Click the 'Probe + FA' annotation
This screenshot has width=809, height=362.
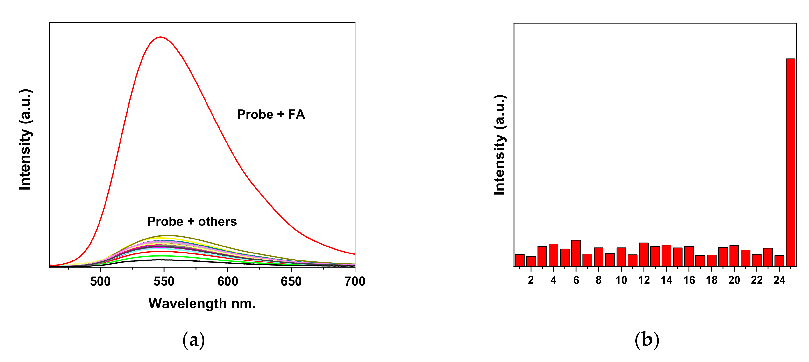pos(271,115)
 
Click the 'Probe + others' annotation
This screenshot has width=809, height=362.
pos(192,221)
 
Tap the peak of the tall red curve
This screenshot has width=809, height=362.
pos(161,37)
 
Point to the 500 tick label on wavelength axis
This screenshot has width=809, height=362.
pos(100,281)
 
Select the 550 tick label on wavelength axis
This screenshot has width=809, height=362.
pos(164,281)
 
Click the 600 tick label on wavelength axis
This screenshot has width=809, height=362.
pos(227,281)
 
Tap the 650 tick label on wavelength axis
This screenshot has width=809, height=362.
pos(291,281)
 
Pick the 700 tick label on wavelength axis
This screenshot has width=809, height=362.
pos(355,281)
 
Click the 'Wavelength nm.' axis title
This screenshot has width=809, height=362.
pos(202,304)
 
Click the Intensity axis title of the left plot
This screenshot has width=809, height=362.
pos(25,140)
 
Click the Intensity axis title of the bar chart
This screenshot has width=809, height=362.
pos(499,145)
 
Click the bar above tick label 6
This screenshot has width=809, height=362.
pos(576,253)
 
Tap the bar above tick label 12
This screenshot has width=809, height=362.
pos(644,254)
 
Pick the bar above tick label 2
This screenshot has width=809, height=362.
pos(531,261)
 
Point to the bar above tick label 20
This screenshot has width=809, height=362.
pos(734,256)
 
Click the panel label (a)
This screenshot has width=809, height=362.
pos(193,340)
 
